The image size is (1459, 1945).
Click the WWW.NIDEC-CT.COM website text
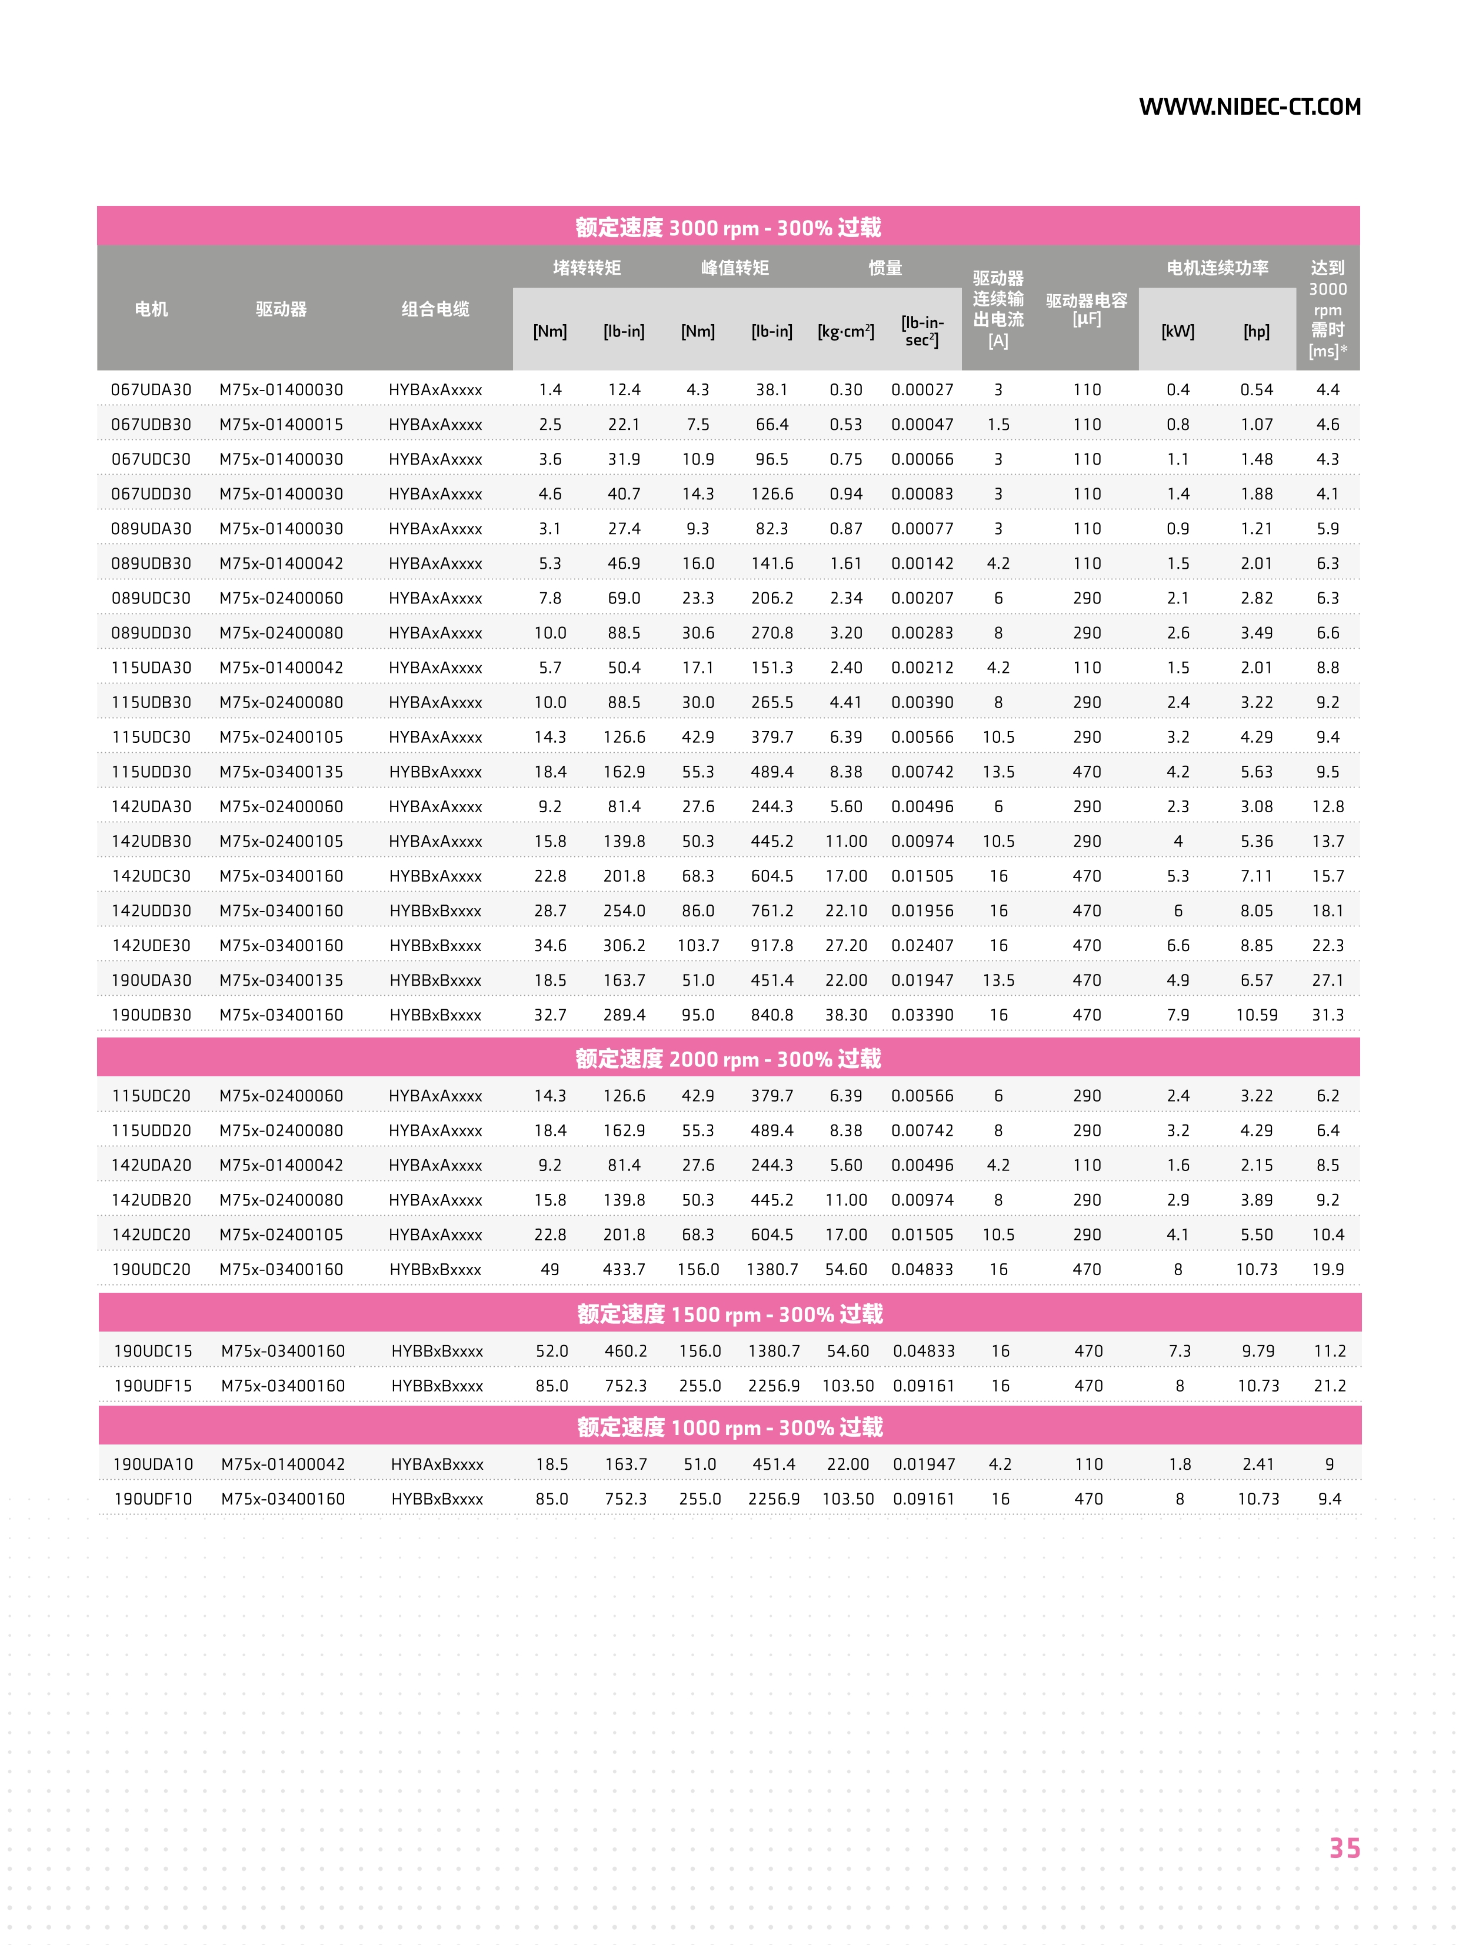(x=1249, y=107)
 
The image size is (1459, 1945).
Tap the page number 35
(x=1344, y=1847)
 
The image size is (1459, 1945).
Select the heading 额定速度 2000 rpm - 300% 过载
(x=728, y=1059)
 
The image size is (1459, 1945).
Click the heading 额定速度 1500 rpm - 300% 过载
(x=730, y=1314)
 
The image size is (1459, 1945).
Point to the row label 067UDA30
(x=151, y=389)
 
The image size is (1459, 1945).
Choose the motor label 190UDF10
(x=153, y=1499)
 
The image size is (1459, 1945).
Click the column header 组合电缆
(x=435, y=309)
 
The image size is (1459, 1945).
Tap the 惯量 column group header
(x=885, y=267)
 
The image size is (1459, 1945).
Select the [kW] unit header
(x=1178, y=332)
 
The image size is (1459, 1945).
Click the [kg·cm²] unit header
(x=846, y=332)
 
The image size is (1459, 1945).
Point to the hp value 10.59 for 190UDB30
(x=1256, y=1015)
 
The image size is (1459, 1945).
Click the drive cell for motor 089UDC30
(x=281, y=598)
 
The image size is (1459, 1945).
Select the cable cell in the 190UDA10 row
(x=437, y=1464)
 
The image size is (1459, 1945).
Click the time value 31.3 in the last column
(x=1327, y=1015)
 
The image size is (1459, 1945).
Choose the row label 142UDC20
(x=151, y=1235)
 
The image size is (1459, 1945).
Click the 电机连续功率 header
(x=1217, y=267)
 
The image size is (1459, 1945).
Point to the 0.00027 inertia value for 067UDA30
(x=922, y=389)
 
